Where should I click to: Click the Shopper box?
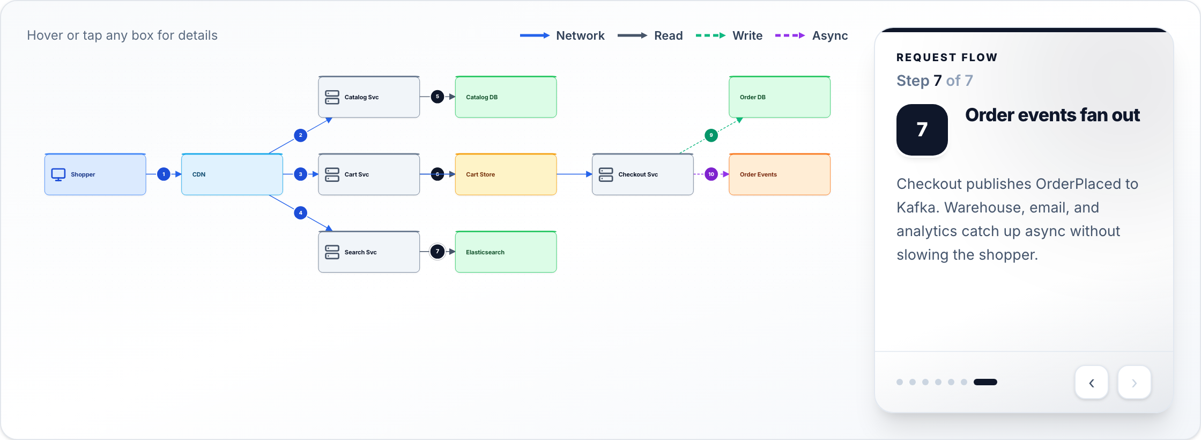tap(95, 174)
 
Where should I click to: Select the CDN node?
tap(232, 174)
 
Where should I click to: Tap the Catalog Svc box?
tap(369, 97)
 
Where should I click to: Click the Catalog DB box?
tap(506, 97)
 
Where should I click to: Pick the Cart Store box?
tap(506, 174)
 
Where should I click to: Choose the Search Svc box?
tap(369, 252)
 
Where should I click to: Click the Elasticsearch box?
tap(506, 252)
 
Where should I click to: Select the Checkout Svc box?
tap(643, 174)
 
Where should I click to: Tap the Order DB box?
tap(780, 97)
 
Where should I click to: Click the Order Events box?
tap(780, 174)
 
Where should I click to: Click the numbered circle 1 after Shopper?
tap(164, 174)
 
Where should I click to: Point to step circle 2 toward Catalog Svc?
tap(301, 135)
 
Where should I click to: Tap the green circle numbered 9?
tap(711, 135)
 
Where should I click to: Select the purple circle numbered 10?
tap(711, 174)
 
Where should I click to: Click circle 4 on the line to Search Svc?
tap(301, 213)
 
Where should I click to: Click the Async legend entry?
tap(811, 36)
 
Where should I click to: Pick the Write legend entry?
tap(729, 36)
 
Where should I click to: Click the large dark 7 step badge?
tap(922, 130)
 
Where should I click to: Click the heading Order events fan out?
tap(1052, 115)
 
